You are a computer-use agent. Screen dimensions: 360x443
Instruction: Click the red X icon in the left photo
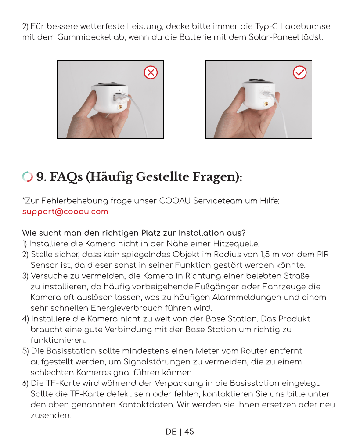pyautogui.click(x=151, y=72)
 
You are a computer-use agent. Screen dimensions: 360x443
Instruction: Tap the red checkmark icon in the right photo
pyautogui.click(x=300, y=72)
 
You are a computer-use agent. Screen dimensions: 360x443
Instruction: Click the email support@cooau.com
pyautogui.click(x=65, y=212)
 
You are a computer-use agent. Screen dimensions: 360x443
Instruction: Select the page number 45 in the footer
pyautogui.click(x=189, y=432)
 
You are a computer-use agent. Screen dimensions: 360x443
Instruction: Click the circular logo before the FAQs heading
pyautogui.click(x=27, y=176)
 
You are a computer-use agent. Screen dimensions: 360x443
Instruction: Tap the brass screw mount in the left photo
pyautogui.click(x=120, y=107)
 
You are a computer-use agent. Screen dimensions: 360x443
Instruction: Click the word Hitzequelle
pyautogui.click(x=236, y=244)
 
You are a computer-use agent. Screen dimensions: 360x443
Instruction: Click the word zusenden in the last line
pyautogui.click(x=51, y=415)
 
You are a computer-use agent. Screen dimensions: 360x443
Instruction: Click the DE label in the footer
pyautogui.click(x=171, y=432)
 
